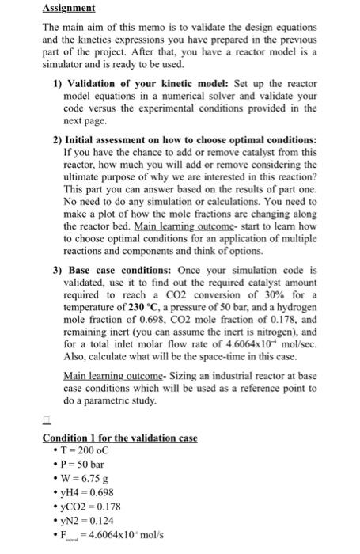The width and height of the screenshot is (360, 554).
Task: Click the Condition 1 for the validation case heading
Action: [x=119, y=438]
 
